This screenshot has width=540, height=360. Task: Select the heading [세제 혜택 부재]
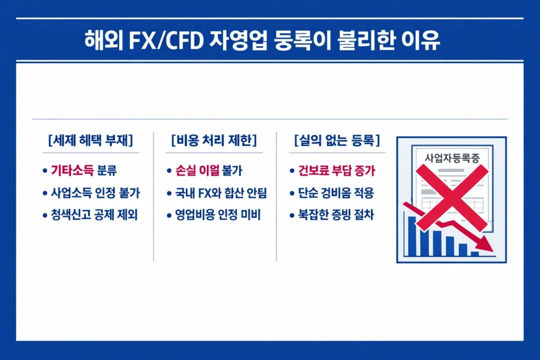(90, 141)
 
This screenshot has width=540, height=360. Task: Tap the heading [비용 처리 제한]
(214, 141)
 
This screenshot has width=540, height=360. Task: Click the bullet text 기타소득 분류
(83, 171)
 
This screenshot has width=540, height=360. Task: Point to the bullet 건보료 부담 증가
(338, 171)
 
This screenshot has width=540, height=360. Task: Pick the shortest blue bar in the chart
(475, 254)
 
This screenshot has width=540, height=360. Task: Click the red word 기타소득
(73, 171)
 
